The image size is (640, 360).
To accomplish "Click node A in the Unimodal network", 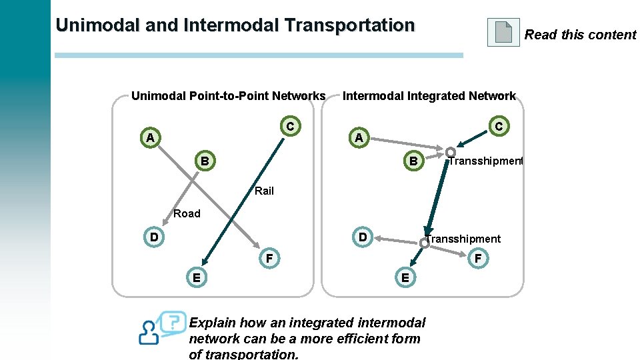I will (151, 138).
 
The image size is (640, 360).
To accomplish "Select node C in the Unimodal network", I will (290, 126).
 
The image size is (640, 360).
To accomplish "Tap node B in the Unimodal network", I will (205, 161).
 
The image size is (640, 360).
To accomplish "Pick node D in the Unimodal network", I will (154, 237).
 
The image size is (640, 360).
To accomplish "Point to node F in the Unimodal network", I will (269, 258).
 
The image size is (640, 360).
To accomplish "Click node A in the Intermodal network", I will (359, 138).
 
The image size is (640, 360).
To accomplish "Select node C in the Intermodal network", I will (499, 125).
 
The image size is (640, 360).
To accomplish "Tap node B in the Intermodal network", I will (413, 161).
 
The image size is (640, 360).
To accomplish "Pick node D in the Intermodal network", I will (363, 237).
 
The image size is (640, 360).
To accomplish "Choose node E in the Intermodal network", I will (405, 277).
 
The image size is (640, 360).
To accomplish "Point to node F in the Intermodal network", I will (477, 258).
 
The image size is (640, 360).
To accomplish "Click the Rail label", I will (264, 191).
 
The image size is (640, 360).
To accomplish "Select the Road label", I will (187, 213).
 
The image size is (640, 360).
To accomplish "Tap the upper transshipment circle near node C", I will (451, 151).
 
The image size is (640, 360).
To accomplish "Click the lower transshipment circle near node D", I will (424, 244).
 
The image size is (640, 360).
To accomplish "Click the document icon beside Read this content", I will (503, 32).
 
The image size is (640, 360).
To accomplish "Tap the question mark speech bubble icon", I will (173, 321).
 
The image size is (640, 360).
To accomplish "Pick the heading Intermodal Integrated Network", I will (429, 96).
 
